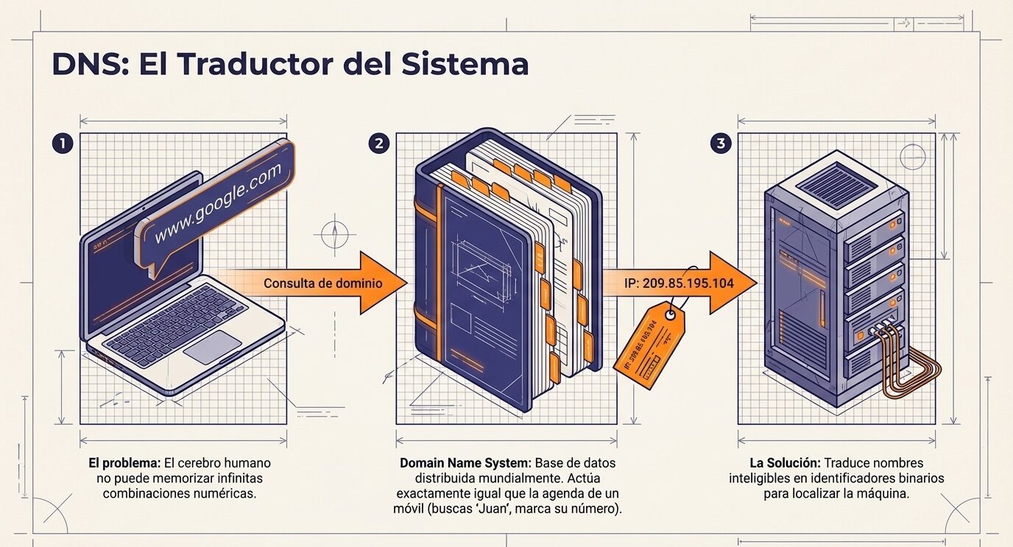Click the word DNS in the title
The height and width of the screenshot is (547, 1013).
pos(82,64)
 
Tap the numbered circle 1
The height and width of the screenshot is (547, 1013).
pos(63,144)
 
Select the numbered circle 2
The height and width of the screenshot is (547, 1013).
pos(378,144)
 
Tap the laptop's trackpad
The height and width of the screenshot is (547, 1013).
pos(213,346)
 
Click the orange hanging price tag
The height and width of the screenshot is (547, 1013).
pos(648,346)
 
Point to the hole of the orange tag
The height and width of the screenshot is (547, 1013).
pos(671,316)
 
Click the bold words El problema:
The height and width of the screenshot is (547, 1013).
pos(123,464)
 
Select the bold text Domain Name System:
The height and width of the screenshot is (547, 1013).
pos(465,464)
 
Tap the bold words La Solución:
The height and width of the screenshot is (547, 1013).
pos(785,464)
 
